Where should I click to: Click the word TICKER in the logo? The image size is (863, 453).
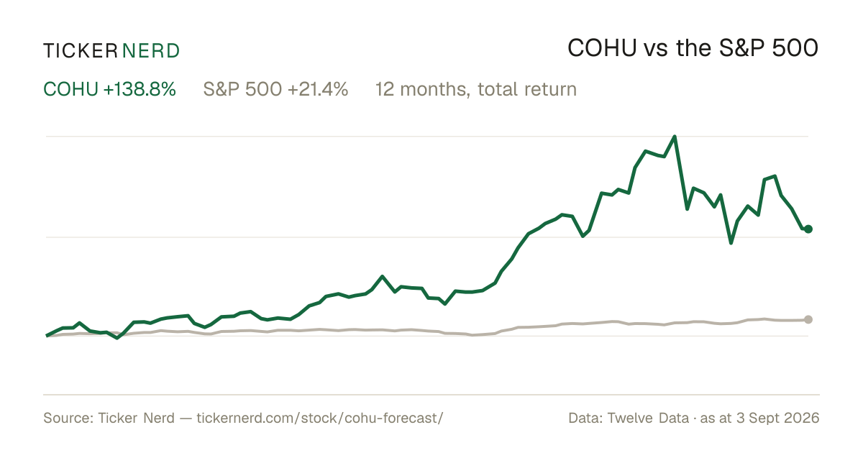(x=80, y=51)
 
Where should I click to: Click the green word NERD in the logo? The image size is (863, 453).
(x=150, y=51)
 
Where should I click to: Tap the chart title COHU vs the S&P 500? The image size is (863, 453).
(x=693, y=49)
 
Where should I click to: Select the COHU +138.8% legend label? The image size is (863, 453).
(x=109, y=89)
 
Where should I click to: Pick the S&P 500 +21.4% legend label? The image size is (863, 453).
(x=275, y=89)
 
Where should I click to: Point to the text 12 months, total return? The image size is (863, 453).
(x=476, y=90)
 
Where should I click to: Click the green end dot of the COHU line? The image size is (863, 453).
(x=808, y=229)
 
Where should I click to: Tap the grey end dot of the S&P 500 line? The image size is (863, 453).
(x=808, y=319)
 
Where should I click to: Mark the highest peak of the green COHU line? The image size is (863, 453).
(x=675, y=137)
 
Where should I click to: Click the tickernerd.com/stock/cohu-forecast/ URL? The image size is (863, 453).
(x=320, y=418)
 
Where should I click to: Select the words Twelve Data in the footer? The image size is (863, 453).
(x=648, y=418)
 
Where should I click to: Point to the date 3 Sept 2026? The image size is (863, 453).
(x=777, y=418)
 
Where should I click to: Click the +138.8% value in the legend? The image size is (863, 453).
(x=140, y=89)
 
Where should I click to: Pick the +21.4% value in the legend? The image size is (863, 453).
(x=317, y=89)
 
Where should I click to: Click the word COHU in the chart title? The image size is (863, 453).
(x=602, y=49)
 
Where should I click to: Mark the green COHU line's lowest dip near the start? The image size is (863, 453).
(x=117, y=338)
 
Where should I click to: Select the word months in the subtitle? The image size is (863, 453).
(x=435, y=90)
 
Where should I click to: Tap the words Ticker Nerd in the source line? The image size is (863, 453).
(x=136, y=418)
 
